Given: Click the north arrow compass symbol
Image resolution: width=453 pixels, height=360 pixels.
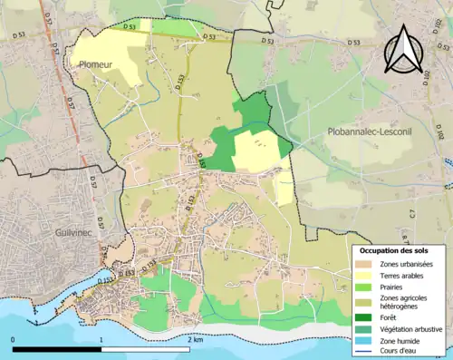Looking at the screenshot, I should pos(405,49).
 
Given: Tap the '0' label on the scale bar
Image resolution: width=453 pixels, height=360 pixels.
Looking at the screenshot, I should pos(13,339).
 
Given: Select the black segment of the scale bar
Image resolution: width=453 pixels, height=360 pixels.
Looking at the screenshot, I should pos(56,348).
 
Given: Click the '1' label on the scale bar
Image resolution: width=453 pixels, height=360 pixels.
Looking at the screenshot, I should pos(101,339).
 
